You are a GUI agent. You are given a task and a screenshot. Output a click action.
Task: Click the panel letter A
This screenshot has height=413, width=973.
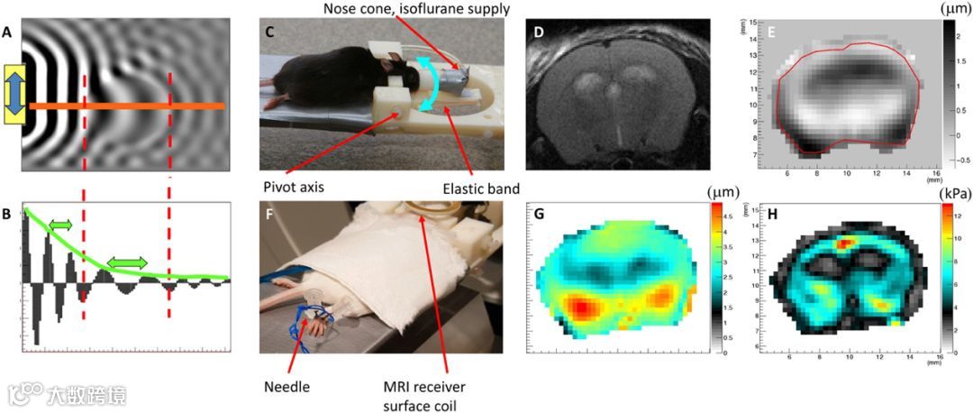[8, 33]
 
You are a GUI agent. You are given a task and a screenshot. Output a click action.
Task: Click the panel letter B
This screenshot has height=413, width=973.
[8, 214]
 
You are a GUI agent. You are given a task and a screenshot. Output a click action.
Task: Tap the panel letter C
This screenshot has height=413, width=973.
[268, 33]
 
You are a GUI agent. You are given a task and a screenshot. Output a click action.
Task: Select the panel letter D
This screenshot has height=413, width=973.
[539, 33]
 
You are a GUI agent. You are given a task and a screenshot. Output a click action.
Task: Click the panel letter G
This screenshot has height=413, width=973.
[539, 216]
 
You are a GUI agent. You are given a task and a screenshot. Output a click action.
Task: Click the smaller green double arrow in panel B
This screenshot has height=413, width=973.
[62, 223]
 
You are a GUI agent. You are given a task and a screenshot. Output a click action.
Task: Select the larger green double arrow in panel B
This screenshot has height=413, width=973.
[126, 262]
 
